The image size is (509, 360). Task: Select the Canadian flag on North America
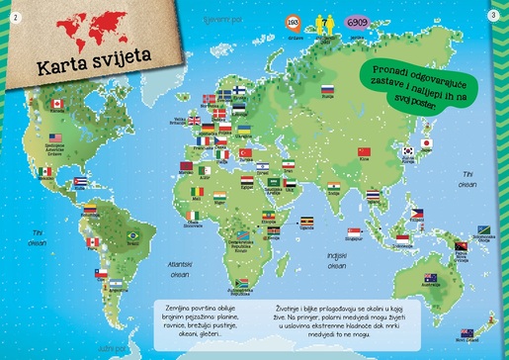[x=58, y=104]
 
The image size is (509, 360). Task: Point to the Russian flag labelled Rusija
[x=327, y=90]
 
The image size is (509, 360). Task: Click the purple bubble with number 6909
[x=357, y=22]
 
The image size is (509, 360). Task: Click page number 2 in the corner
[x=15, y=14]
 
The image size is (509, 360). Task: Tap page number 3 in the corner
[x=493, y=14]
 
